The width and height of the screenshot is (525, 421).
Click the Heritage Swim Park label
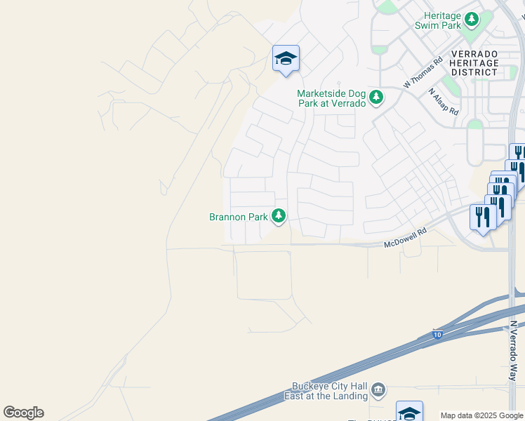[x=442, y=20]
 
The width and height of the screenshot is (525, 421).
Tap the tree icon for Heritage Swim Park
[x=472, y=18]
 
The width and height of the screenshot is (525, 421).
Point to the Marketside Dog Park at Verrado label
[x=331, y=98]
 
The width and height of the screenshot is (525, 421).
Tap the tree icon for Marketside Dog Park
[x=377, y=97]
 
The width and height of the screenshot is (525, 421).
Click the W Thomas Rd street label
[x=423, y=73]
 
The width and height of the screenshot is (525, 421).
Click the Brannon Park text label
[x=239, y=217]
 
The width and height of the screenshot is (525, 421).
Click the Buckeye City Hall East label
[x=330, y=391]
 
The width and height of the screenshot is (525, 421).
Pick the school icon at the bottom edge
[x=409, y=412]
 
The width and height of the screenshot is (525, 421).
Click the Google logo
[x=23, y=413]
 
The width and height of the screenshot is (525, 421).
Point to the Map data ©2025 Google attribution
[x=481, y=415]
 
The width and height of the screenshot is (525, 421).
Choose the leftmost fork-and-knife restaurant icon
[x=481, y=216]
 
